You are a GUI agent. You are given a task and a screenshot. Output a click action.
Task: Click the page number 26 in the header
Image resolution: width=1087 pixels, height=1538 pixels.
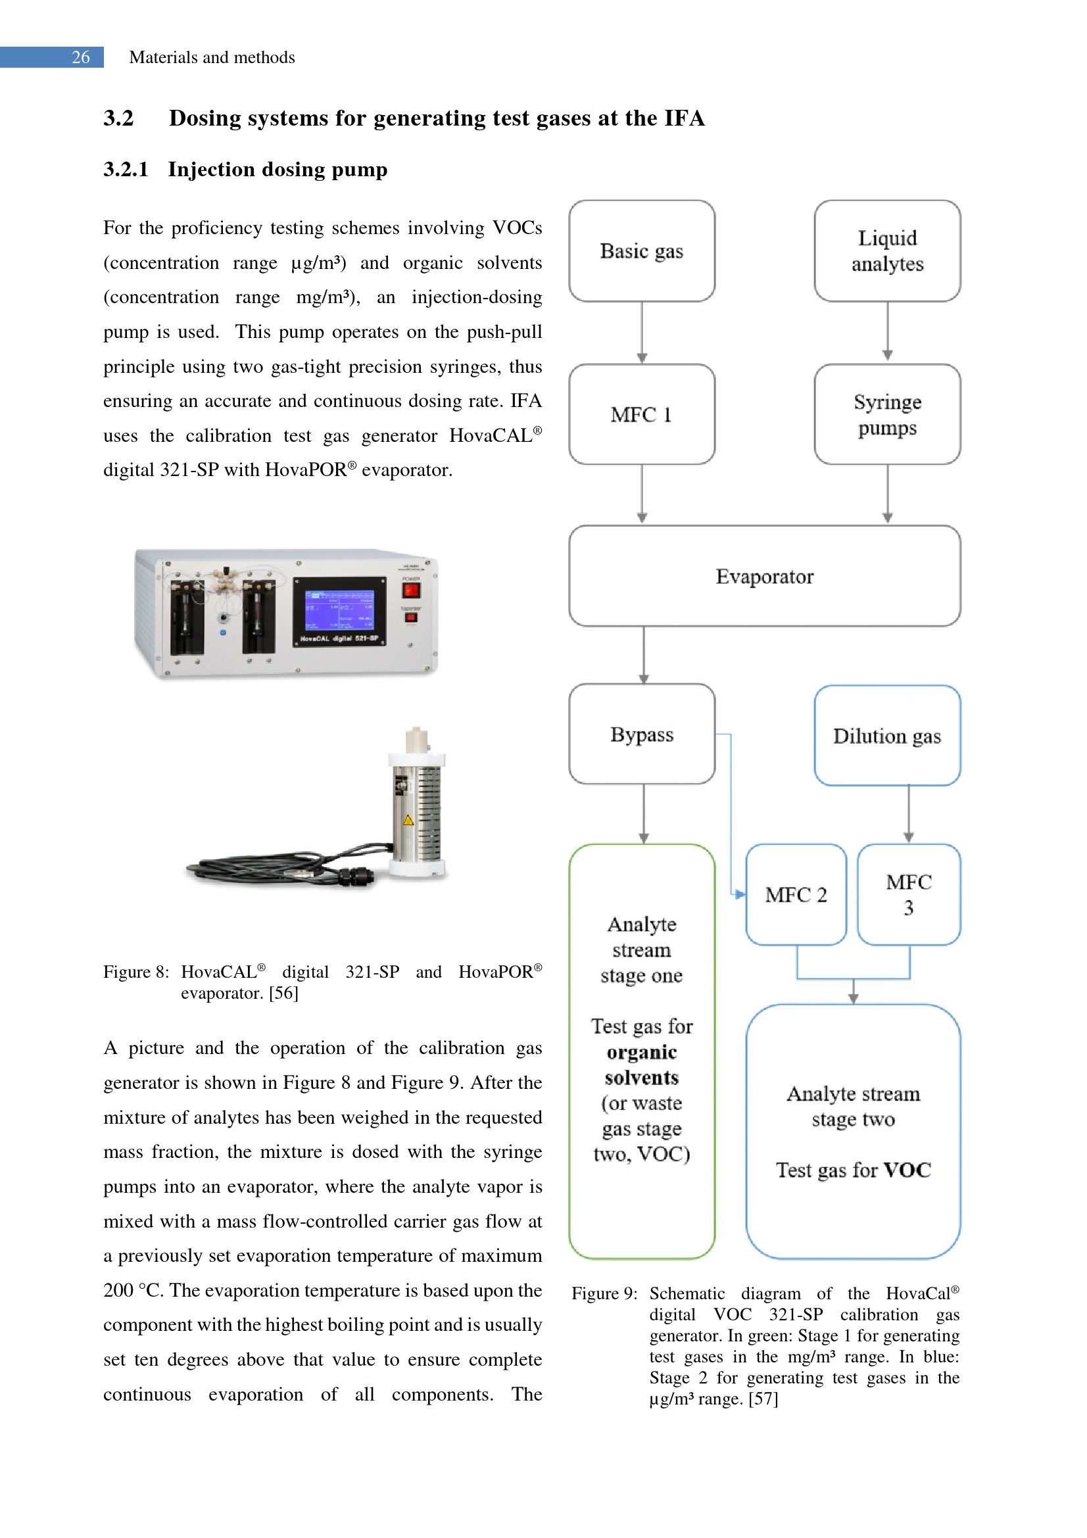point(80,58)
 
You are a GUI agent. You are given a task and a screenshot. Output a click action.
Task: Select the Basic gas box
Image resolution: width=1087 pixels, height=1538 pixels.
point(641,251)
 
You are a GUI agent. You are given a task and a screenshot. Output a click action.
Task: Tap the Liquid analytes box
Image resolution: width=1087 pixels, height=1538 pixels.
point(886,251)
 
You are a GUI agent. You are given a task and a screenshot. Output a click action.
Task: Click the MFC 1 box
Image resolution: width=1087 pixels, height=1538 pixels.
point(641,414)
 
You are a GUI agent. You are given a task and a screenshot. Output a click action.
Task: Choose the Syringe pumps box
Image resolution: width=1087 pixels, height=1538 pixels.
point(886,414)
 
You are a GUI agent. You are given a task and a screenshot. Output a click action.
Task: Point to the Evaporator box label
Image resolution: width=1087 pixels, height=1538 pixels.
point(764,576)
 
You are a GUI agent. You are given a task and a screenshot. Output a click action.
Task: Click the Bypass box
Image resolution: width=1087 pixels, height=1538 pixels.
point(641,734)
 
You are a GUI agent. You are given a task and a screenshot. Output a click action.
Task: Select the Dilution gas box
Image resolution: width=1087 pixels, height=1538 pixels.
point(886,736)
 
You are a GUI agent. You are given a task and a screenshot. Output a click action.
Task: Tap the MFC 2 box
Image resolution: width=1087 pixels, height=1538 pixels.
point(796,894)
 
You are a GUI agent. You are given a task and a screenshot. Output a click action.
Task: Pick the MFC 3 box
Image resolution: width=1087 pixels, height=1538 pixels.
point(908,894)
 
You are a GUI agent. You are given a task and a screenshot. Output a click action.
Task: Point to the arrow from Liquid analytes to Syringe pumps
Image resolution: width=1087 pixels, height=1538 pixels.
point(887,331)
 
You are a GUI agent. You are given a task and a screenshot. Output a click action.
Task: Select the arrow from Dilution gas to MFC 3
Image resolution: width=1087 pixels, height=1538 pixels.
point(908,814)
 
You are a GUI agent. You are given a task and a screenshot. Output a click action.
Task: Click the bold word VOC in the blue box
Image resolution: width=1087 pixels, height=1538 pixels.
point(907,1170)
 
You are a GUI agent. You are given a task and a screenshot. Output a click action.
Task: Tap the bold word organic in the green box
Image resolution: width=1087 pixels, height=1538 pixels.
point(642,1051)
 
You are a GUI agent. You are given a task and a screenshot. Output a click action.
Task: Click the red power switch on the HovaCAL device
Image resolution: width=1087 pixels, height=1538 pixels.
point(410,590)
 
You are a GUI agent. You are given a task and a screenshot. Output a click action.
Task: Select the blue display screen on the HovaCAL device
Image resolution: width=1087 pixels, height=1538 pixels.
point(339,610)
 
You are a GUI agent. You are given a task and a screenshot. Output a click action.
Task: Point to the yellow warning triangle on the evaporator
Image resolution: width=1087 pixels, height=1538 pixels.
point(408,820)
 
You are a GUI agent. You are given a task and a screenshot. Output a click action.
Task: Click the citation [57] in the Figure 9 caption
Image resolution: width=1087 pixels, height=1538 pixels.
point(763,1399)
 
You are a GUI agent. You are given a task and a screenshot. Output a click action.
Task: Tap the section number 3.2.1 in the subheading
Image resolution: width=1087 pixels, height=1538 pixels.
point(125,170)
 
